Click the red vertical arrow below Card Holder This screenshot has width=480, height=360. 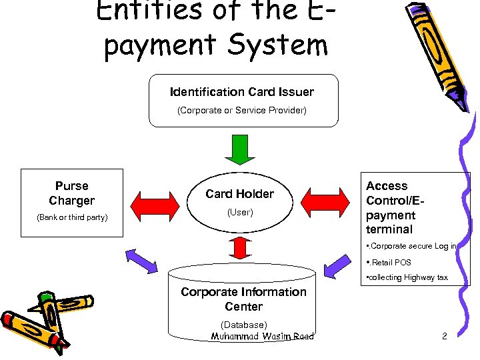click(x=240, y=247)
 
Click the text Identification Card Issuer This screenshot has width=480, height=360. click(x=242, y=92)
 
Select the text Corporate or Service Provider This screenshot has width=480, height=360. click(x=242, y=111)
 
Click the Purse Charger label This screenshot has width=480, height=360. click(x=72, y=193)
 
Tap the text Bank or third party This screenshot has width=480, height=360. click(x=72, y=217)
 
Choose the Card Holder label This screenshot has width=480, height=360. click(x=240, y=194)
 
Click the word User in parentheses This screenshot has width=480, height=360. click(x=240, y=213)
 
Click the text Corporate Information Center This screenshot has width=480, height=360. click(x=243, y=299)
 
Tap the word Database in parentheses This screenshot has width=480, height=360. click(x=244, y=325)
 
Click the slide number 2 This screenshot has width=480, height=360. click(x=444, y=336)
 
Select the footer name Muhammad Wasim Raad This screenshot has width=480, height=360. click(x=262, y=337)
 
